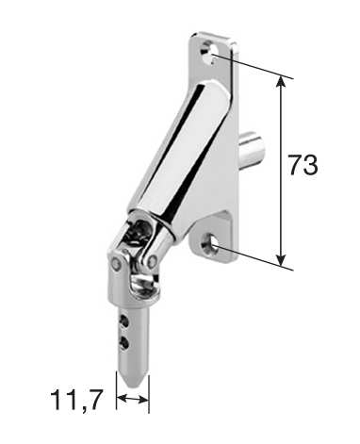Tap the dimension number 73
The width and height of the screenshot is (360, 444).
coord(303,166)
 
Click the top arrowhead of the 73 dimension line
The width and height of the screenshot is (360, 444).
coord(281,81)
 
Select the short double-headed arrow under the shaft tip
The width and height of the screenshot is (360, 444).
coord(132,401)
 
